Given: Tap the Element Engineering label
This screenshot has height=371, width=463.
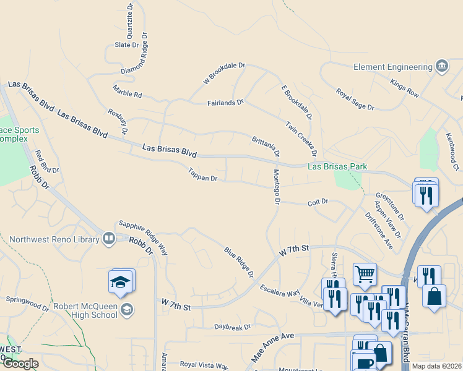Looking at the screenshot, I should coord(392,67).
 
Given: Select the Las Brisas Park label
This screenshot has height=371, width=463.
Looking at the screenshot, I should coord(337,166).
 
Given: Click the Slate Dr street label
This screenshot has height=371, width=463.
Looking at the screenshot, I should coord(127,45).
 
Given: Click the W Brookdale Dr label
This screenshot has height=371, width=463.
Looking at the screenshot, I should coord(225,72).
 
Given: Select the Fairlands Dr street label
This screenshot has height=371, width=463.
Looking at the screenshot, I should coord(225,102).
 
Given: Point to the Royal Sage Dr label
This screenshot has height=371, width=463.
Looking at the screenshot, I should coord(355,99).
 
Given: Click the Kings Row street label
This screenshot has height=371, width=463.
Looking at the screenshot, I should coord(405,87).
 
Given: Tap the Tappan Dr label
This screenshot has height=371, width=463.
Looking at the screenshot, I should coord(203,175).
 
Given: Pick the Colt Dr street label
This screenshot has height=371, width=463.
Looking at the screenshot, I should coord(318,202).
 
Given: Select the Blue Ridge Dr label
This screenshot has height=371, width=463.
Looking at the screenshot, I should coord(240,262).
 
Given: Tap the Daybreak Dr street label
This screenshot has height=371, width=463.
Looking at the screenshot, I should coord(232,326).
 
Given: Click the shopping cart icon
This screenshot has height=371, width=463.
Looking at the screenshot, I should coord(365,273).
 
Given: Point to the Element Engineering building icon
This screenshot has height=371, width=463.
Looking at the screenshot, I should coord(441,66).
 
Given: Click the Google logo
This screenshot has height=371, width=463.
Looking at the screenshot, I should coord(20,364).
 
